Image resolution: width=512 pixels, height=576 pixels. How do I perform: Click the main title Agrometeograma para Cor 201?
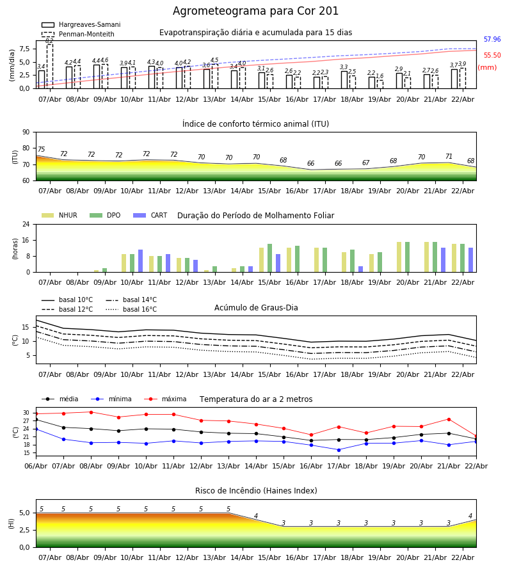pos(256,12)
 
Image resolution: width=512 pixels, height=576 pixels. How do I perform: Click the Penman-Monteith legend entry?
pos(86,35)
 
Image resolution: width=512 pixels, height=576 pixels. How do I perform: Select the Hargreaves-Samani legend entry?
pos(89,25)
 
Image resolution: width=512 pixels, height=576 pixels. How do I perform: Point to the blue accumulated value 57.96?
pos(492,40)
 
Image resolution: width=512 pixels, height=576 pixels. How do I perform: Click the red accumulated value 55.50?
pos(492,56)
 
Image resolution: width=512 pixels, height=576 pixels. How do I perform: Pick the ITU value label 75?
pos(41,150)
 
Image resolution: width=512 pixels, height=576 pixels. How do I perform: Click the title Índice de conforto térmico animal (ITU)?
pos(256,124)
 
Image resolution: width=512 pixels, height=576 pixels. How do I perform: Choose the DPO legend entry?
pos(113,216)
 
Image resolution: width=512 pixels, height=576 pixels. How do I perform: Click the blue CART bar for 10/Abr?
pos(141,261)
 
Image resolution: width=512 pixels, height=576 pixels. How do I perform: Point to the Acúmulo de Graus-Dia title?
pos(256,308)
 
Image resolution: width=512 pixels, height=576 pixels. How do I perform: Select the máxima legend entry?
pos(173,399)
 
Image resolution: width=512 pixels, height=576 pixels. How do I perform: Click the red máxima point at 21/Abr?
pos(449,419)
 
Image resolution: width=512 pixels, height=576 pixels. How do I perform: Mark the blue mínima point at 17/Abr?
pos(339,449)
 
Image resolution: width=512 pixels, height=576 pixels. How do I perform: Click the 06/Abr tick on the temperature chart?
pos(36,465)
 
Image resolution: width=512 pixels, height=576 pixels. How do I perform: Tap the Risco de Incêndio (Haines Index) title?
pos(256,491)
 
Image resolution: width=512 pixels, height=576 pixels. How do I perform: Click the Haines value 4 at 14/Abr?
pos(256,516)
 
